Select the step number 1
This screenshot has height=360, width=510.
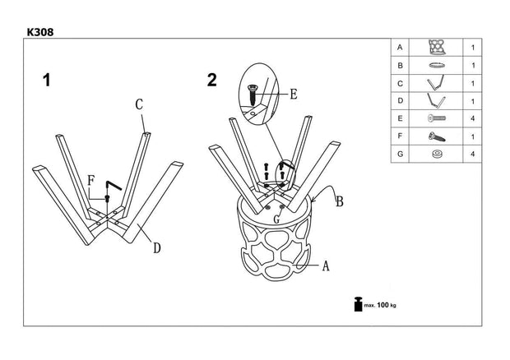47,81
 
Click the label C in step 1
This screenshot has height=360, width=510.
140,104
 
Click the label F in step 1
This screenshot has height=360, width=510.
90,181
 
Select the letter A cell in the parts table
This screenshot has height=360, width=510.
400,48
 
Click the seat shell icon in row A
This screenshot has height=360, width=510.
436,48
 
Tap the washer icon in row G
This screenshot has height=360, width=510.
436,154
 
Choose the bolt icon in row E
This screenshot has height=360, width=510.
436,118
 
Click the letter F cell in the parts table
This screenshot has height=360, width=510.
400,136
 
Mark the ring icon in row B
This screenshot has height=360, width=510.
436,65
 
